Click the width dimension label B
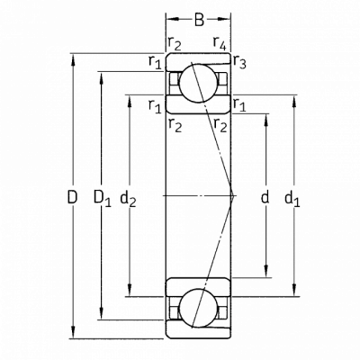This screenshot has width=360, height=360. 199,20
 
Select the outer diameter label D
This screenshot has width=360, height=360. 72,197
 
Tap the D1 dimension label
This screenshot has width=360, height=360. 103,198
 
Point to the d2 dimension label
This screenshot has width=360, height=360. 128,199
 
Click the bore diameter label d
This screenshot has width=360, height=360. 265,197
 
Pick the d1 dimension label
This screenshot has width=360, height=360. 292,199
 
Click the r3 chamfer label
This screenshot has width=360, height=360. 239,62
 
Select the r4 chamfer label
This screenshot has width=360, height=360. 220,43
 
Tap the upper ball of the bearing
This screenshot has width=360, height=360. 198,83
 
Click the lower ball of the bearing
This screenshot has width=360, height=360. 198,308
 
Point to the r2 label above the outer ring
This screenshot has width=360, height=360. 175,44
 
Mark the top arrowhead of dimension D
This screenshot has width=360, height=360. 73,60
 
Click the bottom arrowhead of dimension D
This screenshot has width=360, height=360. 73,332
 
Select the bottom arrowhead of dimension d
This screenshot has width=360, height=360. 265,271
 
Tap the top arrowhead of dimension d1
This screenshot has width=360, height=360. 294,102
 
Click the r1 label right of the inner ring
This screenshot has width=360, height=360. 239,105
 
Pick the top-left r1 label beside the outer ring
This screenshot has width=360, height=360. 155,62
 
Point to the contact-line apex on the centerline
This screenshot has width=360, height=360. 233,196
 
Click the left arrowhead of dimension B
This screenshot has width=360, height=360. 173,19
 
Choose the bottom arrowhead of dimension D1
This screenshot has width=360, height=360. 102,313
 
